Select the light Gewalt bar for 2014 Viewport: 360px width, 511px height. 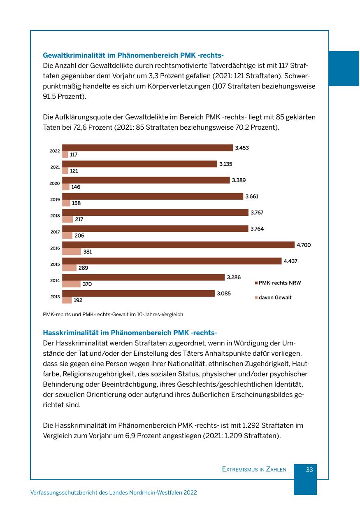click(x=71, y=284)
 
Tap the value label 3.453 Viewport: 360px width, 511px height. click(x=242, y=148)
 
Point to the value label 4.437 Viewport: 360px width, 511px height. click(x=290, y=261)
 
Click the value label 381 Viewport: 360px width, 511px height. click(x=87, y=252)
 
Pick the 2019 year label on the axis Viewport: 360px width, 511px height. click(x=55, y=200)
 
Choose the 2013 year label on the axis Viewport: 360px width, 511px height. click(x=55, y=297)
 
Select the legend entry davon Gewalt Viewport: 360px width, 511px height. click(x=275, y=297)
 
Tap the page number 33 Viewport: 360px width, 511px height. click(x=309, y=469)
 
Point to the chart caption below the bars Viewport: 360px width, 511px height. click(x=113, y=315)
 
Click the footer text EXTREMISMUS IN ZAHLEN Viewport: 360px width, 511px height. click(x=254, y=469)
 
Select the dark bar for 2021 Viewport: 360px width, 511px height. click(x=139, y=164)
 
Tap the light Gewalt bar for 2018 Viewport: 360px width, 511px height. click(x=67, y=219)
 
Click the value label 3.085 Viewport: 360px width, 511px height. click(x=224, y=294)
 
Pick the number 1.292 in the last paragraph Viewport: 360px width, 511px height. click(x=252, y=425)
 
